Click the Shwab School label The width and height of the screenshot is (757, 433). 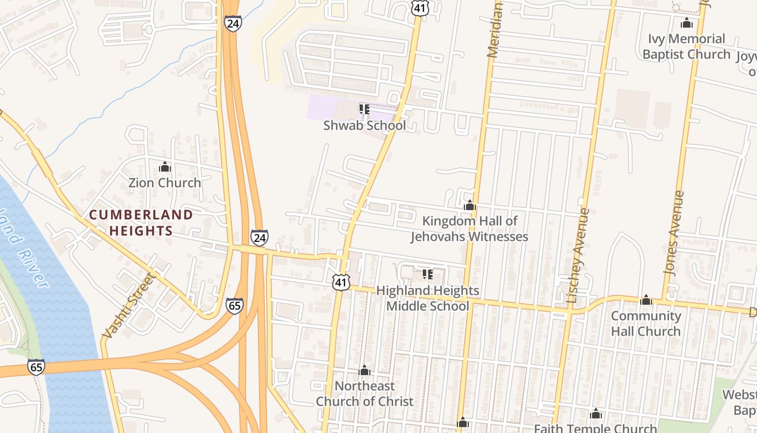pos(364,126)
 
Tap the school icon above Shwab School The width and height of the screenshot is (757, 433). pos(364,109)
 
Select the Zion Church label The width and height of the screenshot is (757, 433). pos(164,183)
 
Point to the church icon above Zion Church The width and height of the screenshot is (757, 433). pos(165,167)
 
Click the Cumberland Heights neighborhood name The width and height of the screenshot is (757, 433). pos(141,223)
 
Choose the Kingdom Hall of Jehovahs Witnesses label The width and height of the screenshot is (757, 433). pos(469,229)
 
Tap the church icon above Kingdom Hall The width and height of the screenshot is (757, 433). pos(470,206)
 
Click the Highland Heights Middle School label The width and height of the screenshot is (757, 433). pos(427,298)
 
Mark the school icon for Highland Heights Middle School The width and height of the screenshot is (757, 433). pos(428,274)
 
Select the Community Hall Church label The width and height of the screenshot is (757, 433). pos(646,323)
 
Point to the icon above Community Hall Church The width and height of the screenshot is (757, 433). pos(646,300)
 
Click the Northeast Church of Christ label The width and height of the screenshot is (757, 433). pos(364,393)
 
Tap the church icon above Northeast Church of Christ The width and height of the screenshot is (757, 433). pos(364,370)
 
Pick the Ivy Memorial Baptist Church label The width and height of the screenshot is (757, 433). pos(687,47)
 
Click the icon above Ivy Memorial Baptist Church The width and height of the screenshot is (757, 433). pos(687,23)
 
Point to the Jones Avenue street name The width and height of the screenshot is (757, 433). pos(673,233)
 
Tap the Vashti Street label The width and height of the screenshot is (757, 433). pos(128,306)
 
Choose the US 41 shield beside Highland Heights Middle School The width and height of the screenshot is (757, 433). pos(342,281)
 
